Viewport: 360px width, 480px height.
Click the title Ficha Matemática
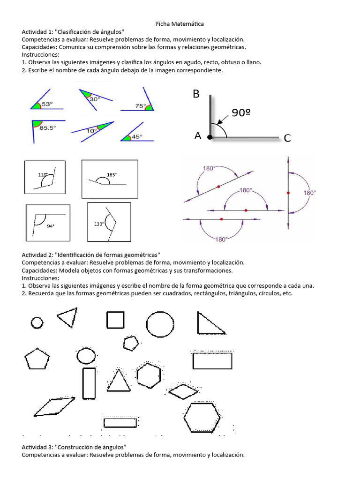click(x=180, y=23)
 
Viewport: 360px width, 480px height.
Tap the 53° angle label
click(x=47, y=105)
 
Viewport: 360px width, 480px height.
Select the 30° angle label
click(x=95, y=99)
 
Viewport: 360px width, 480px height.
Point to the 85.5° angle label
click(x=47, y=127)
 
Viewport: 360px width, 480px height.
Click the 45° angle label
click(x=136, y=137)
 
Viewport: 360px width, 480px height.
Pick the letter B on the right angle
click(x=196, y=94)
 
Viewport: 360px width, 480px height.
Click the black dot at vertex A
click(x=210, y=137)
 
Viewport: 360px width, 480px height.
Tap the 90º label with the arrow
click(x=241, y=112)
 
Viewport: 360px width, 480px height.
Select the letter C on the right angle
click(x=287, y=138)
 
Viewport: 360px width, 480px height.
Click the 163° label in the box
click(x=112, y=174)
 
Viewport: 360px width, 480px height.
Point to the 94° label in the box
click(x=51, y=225)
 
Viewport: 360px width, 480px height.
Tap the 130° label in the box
click(x=99, y=224)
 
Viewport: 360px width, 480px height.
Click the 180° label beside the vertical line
click(x=310, y=193)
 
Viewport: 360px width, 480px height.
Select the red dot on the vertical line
click(x=288, y=193)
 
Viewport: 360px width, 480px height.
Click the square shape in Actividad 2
click(x=115, y=320)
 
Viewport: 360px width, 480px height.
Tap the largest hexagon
click(x=202, y=417)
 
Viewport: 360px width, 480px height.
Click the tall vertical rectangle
click(x=89, y=382)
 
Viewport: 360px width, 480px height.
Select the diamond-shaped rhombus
click(x=183, y=391)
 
